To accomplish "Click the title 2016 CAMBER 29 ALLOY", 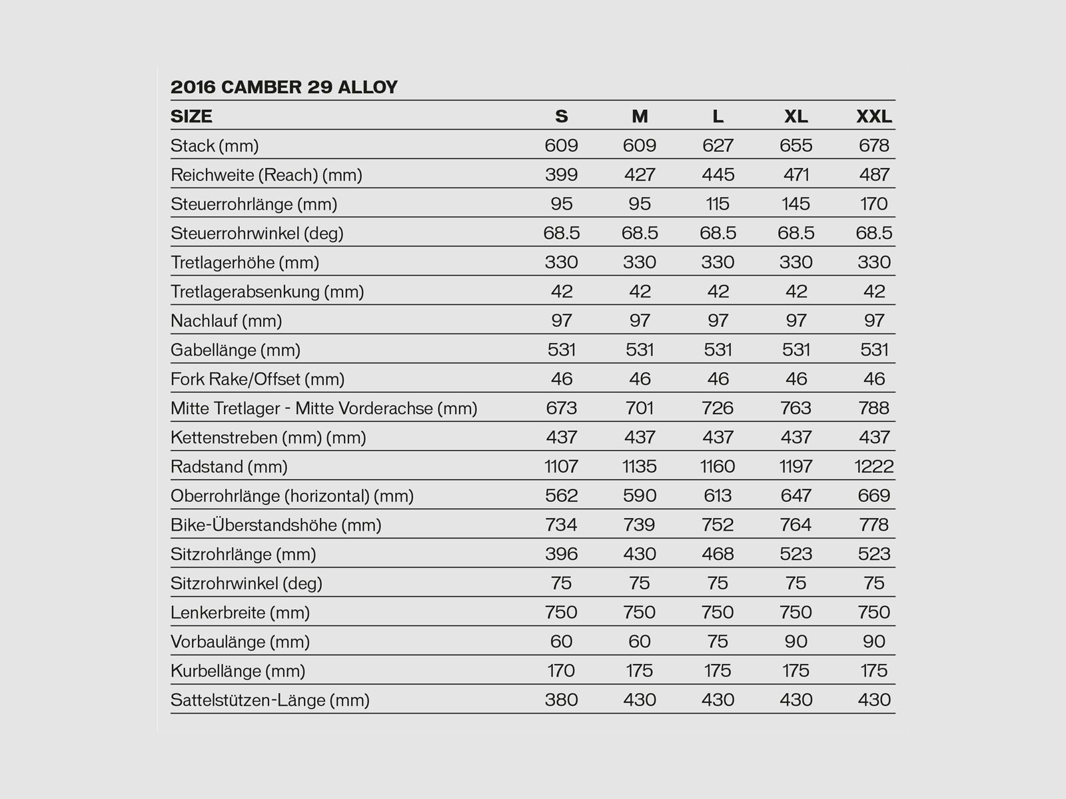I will coord(284,87).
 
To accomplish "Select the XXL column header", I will coord(873,117).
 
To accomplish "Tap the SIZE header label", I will coord(191,117).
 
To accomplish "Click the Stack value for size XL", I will coord(796,146).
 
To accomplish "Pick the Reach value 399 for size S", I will coord(561,175).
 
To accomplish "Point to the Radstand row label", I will coord(229,467).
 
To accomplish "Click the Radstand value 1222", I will coord(873,467).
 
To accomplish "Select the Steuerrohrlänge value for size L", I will coord(718,204).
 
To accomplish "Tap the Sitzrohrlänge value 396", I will coord(561,554).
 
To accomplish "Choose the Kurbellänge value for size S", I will coord(561,670).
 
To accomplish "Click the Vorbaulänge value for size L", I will coord(718,641).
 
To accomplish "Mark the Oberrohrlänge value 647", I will coord(796,496).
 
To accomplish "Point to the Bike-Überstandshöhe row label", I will coord(276,525).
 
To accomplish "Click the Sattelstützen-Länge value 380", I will coord(561,700).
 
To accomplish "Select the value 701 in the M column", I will coord(640,408).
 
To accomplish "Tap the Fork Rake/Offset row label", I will coord(257,380).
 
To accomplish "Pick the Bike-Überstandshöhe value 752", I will coord(718,525).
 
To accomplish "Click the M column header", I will coord(640,117).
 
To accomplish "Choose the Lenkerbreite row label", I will coord(240,613).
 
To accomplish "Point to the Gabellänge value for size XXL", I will coord(873,350).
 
